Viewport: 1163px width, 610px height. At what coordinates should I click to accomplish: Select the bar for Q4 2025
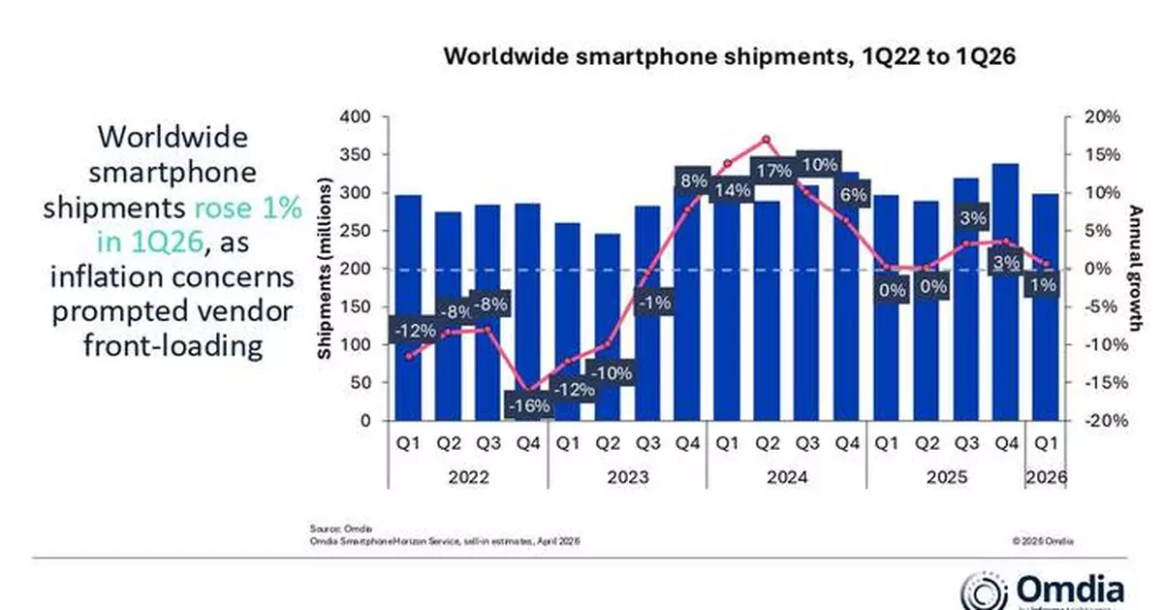[1006, 291]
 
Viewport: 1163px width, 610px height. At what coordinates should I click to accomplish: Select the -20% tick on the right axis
[1099, 421]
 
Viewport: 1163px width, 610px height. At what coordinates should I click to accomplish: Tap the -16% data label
[528, 405]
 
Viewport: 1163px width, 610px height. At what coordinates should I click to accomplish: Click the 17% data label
[773, 172]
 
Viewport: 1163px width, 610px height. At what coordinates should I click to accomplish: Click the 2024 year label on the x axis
[786, 477]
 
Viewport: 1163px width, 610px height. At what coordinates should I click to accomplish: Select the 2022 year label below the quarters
[469, 477]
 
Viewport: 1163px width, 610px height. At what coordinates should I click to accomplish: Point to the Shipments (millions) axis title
[327, 269]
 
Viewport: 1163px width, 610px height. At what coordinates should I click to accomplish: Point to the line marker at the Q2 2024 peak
[766, 139]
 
